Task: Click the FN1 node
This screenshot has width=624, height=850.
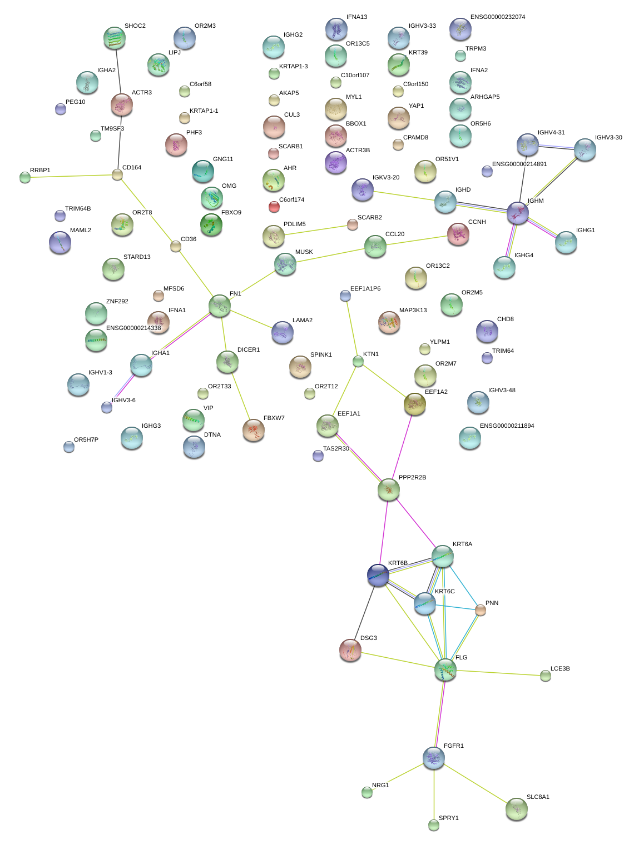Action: tap(220, 306)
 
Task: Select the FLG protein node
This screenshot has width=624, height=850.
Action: tap(445, 670)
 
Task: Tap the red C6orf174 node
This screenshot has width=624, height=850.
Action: tap(274, 207)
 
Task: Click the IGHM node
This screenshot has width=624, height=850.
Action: tap(518, 213)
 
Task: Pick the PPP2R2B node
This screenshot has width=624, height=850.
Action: tap(388, 489)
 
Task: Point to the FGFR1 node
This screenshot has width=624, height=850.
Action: tap(434, 758)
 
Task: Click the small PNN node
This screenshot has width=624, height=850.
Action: tap(480, 610)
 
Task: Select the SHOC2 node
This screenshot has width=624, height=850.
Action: tap(115, 38)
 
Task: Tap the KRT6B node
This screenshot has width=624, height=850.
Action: tap(378, 575)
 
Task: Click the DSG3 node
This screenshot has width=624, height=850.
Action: tap(350, 650)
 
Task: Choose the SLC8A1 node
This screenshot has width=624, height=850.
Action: tap(516, 809)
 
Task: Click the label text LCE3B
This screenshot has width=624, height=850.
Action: tap(560, 668)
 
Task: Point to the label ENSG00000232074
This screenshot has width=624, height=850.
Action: tap(497, 17)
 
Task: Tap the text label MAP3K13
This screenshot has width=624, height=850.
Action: tap(413, 311)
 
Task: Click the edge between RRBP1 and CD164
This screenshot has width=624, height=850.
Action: tap(71, 176)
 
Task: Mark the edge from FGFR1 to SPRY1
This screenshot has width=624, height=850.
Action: tap(434, 794)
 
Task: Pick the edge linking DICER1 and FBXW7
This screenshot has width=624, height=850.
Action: tap(241, 396)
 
